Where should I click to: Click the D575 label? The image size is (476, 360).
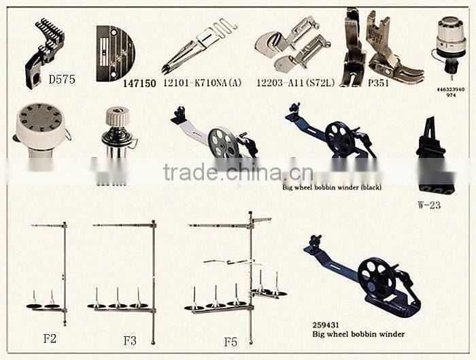click(x=62, y=80)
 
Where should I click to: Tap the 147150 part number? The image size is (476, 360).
click(x=139, y=84)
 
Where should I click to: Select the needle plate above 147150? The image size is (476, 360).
click(x=115, y=53)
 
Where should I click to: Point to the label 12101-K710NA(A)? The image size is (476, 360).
click(x=202, y=83)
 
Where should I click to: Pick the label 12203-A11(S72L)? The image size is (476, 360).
click(x=296, y=83)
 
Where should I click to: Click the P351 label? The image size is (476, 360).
click(x=377, y=83)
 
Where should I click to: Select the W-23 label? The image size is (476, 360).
click(x=429, y=204)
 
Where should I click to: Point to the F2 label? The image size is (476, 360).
click(x=50, y=338)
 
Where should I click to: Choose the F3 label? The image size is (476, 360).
click(x=130, y=339)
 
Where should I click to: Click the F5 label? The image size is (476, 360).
click(x=231, y=342)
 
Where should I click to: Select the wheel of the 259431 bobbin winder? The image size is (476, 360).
click(x=376, y=278)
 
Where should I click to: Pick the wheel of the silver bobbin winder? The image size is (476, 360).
click(x=222, y=142)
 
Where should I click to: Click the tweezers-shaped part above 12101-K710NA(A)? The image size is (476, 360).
click(x=197, y=46)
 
